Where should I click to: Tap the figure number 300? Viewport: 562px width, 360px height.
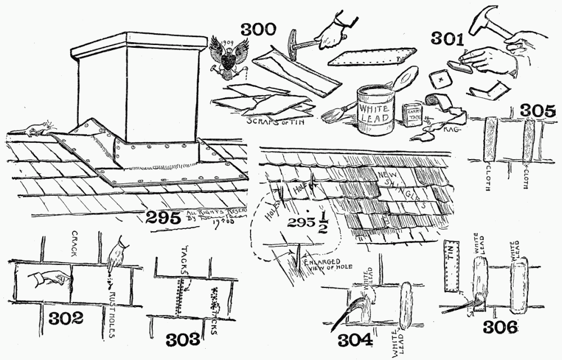click(259, 30)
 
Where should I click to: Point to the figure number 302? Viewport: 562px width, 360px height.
click(65, 319)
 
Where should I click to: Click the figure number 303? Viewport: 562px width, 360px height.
click(182, 340)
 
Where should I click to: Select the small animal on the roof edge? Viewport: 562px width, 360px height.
click(35, 129)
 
